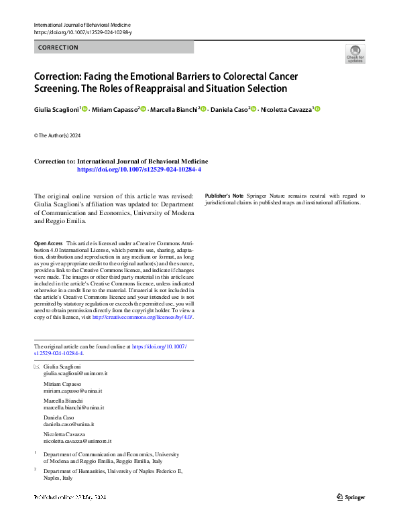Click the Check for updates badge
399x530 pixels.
pos(355,53)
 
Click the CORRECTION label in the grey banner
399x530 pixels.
pos(58,48)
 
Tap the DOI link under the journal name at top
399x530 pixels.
pos(82,32)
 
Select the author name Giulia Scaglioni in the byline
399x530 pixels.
pos(56,109)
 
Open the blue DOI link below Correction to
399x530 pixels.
pos(139,170)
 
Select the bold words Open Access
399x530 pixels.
pos(48,243)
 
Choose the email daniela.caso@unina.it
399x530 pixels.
pos(68,425)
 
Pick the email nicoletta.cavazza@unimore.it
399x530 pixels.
pos(76,442)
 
